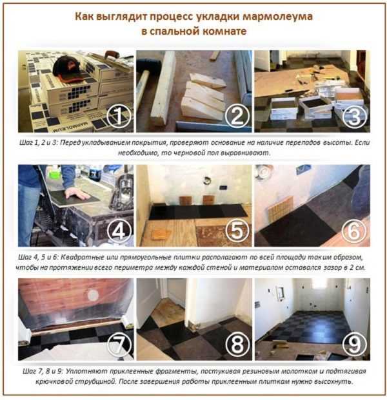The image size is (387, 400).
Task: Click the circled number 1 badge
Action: [x=119, y=116]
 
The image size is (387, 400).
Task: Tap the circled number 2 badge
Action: [x=237, y=116]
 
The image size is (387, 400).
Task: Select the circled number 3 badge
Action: [x=355, y=116]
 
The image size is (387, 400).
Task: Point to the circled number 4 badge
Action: [x=119, y=231]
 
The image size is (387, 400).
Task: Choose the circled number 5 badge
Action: [x=237, y=231]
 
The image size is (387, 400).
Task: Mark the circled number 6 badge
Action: [x=355, y=231]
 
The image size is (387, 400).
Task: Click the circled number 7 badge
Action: [x=119, y=345]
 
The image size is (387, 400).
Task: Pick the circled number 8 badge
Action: [x=237, y=345]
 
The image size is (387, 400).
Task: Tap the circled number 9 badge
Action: [x=355, y=345]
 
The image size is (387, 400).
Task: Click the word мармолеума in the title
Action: [x=277, y=17]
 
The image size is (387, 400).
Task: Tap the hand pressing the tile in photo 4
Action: [x=78, y=195]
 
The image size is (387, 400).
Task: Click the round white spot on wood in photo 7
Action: [x=92, y=295]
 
